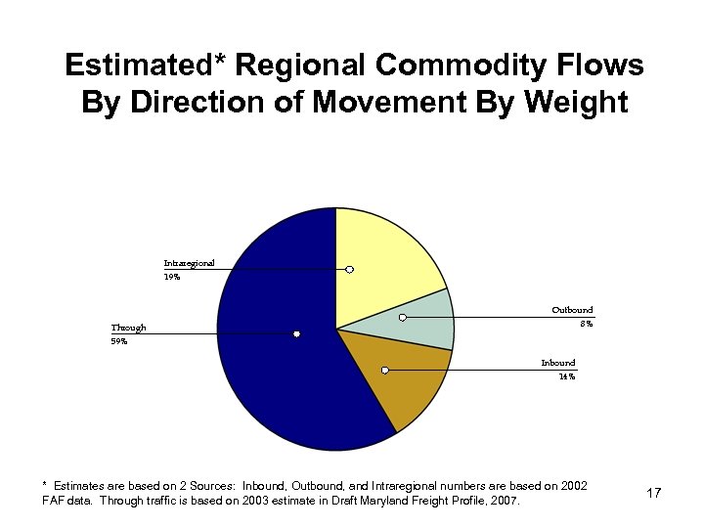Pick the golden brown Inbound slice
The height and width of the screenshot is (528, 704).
[411, 386]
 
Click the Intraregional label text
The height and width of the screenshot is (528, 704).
[189, 262]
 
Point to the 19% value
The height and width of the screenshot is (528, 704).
[172, 277]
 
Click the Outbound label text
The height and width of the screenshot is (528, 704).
[572, 310]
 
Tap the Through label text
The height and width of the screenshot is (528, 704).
[128, 328]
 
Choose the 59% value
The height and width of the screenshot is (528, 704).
[118, 341]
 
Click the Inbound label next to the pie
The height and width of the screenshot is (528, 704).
[558, 363]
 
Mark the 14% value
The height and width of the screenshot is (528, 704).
[566, 376]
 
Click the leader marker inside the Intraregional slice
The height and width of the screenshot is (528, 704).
[349, 269]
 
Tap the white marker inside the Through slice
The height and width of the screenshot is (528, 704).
[296, 334]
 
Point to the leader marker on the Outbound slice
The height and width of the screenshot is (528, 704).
[402, 317]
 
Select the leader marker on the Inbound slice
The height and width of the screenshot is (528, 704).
[385, 370]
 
